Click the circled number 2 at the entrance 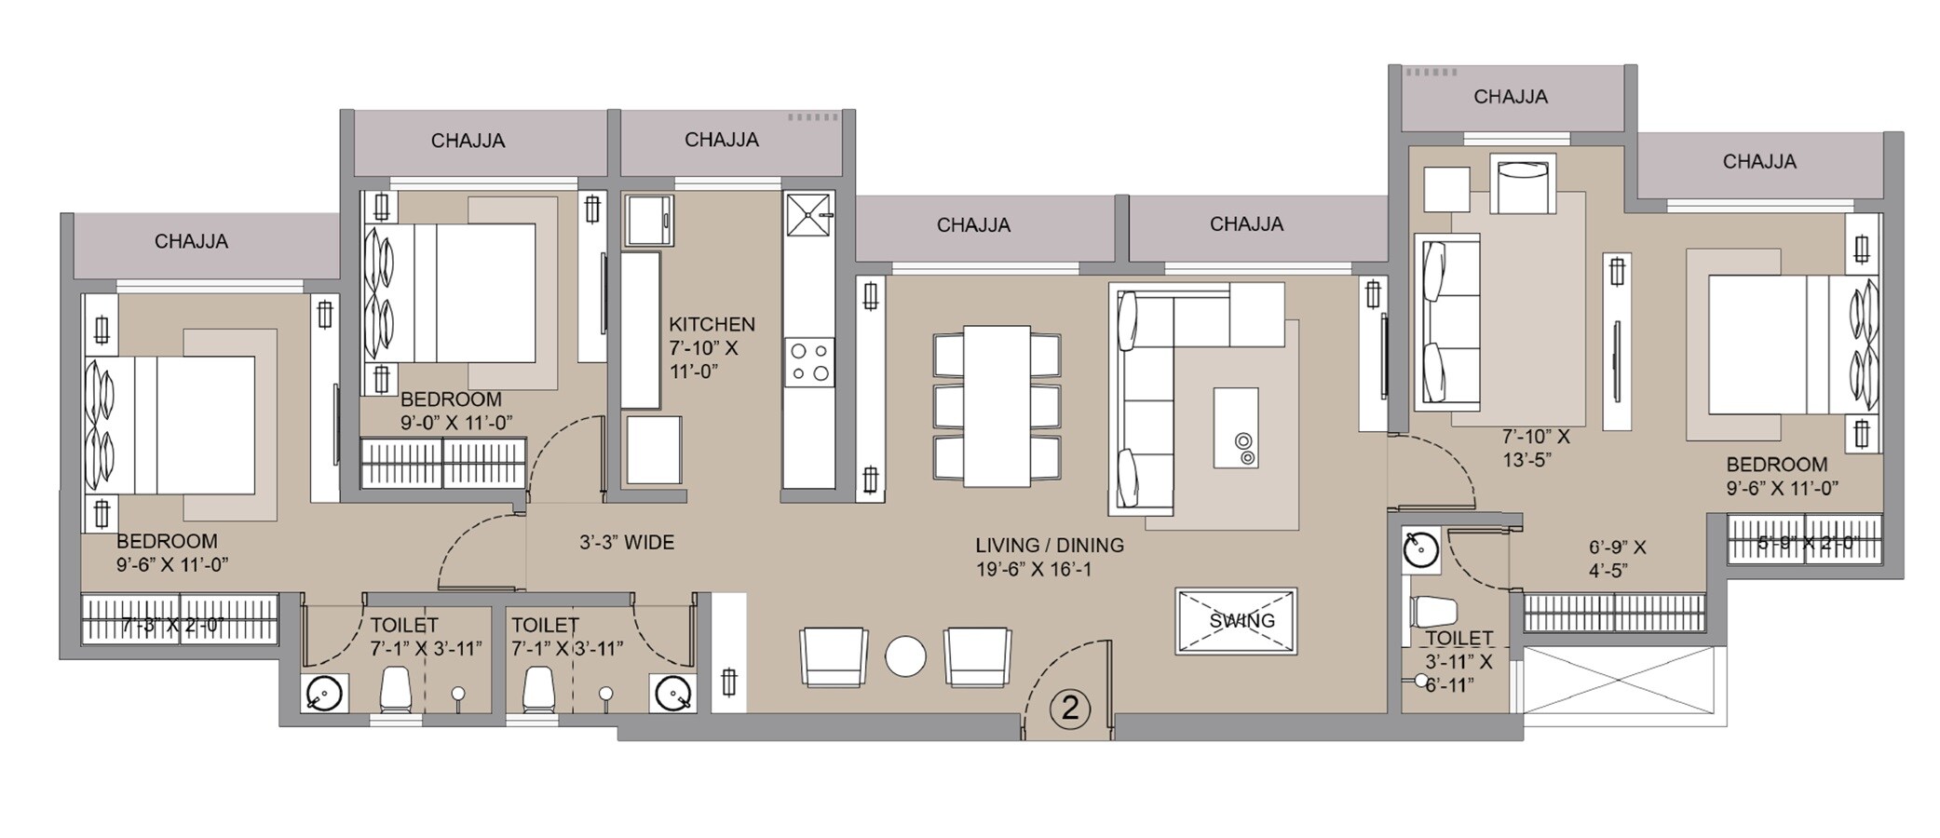[x=1069, y=709]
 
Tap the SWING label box [x=1236, y=621]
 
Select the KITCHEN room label [x=712, y=324]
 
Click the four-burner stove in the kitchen [x=808, y=362]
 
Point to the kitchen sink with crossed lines [x=808, y=215]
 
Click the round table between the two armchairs [x=905, y=656]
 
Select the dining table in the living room [x=997, y=405]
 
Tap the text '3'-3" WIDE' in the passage [x=627, y=542]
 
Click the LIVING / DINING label [x=1050, y=545]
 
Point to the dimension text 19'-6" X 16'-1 [x=1034, y=569]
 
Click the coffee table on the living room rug [x=1236, y=428]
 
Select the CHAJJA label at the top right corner [x=1758, y=161]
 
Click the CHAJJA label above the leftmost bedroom [x=191, y=241]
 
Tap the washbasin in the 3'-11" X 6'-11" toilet [x=1420, y=549]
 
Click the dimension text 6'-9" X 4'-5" [x=1617, y=559]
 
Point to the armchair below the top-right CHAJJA [x=1523, y=184]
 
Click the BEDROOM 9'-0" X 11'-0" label [x=454, y=411]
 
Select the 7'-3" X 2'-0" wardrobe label [x=172, y=625]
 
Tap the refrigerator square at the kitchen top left [x=648, y=221]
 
